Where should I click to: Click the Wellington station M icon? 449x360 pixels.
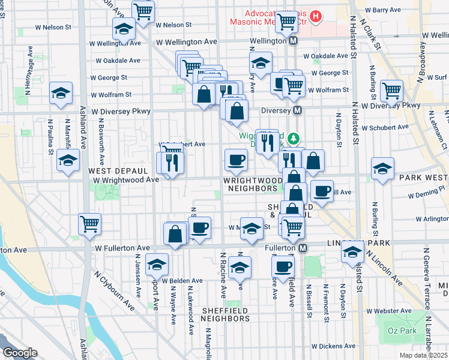click(294, 41)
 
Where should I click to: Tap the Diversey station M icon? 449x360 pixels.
click(297, 110)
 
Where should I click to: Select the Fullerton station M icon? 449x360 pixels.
click(303, 248)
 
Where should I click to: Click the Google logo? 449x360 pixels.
click(20, 353)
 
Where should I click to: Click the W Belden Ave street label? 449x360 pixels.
click(181, 280)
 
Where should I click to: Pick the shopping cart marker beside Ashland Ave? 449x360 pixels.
click(89, 224)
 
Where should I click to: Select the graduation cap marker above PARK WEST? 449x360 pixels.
click(382, 169)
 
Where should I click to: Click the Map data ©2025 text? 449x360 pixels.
click(427, 355)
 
